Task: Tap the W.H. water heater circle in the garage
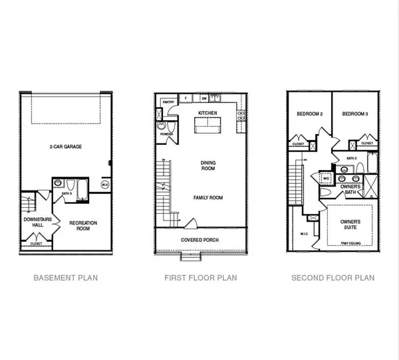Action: (x=104, y=185)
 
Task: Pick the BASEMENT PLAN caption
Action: (x=65, y=278)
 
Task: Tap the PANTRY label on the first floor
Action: (x=168, y=102)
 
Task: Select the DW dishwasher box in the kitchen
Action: (x=204, y=98)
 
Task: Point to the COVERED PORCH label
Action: (x=200, y=240)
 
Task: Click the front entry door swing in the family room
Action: (x=190, y=224)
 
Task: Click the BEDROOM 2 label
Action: (x=309, y=114)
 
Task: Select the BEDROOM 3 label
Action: (x=355, y=114)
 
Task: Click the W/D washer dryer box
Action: (x=326, y=179)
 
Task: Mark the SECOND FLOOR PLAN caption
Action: (x=332, y=278)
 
